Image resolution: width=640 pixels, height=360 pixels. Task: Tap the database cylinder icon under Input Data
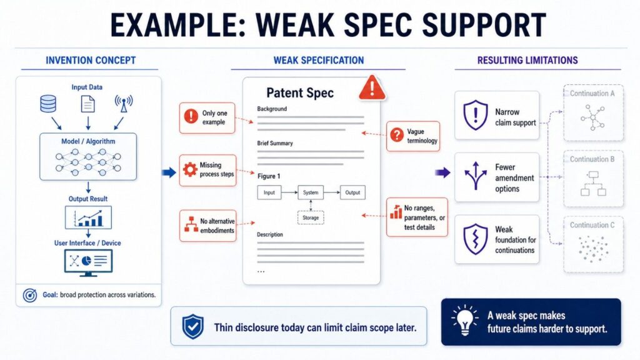pos(48,104)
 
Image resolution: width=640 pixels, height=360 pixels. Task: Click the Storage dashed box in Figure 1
pos(310,217)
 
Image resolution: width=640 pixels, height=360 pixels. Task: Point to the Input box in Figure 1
pos(269,192)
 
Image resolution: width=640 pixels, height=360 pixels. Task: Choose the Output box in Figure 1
pos(352,192)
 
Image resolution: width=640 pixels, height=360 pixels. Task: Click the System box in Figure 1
pos(311,192)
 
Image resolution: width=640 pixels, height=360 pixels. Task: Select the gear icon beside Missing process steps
pos(190,169)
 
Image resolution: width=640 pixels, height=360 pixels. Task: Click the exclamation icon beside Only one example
pos(191,116)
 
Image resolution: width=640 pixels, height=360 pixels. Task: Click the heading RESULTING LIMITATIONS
pos(527,61)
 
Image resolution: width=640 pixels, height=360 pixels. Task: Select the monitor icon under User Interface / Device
pos(88,261)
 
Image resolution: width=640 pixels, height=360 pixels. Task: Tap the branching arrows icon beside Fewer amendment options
pos(476,177)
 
